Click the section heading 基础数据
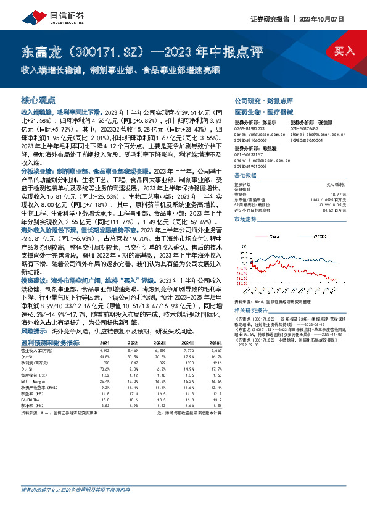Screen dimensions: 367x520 246,175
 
